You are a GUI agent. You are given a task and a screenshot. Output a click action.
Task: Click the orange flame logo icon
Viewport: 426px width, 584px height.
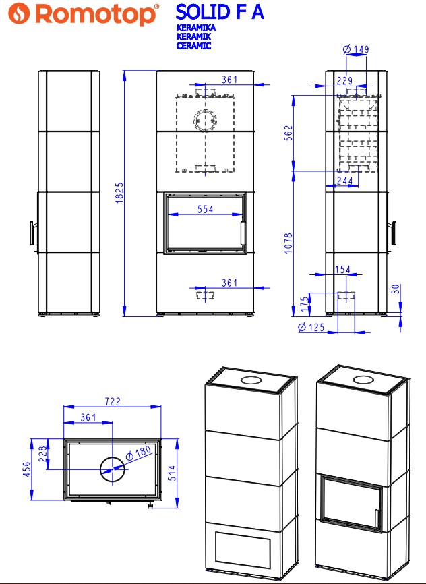[19, 13]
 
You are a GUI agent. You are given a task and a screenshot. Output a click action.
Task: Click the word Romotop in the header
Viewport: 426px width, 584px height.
[95, 15]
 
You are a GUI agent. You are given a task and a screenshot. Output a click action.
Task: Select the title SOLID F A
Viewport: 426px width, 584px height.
[220, 12]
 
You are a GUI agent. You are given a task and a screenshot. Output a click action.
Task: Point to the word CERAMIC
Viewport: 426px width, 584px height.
[193, 45]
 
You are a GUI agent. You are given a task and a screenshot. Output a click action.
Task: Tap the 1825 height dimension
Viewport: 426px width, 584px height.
[119, 193]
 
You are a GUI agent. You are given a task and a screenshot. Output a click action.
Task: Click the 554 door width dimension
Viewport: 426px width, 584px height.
[205, 209]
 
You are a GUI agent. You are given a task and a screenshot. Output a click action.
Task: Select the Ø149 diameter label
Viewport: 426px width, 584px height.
[356, 49]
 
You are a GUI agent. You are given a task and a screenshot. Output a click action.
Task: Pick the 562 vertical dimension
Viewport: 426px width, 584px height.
[288, 133]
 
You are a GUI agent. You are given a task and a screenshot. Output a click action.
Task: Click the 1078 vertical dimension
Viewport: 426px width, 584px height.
[288, 243]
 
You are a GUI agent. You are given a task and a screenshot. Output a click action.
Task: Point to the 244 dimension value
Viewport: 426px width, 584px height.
[344, 181]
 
